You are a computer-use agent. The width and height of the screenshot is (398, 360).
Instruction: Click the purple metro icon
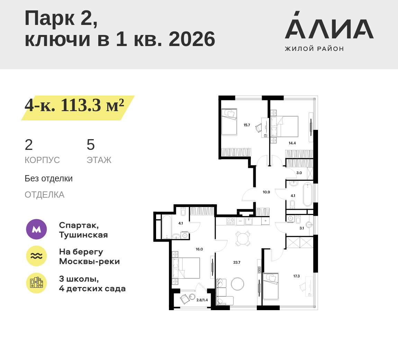click(x=36, y=229)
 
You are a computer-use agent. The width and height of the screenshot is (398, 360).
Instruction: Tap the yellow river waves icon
click(x=36, y=256)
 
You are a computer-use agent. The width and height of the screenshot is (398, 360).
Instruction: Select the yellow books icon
click(x=36, y=283)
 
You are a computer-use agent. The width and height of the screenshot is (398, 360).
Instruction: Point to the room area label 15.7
click(x=247, y=125)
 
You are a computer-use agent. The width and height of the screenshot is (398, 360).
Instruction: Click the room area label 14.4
click(x=292, y=143)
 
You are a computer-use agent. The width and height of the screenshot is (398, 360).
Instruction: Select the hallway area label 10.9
click(x=266, y=192)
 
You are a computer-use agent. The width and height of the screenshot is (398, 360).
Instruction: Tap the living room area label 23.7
click(x=237, y=262)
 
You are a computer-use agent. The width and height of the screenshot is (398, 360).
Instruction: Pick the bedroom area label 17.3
click(x=297, y=276)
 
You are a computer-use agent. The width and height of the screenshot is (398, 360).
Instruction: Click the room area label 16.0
click(x=199, y=249)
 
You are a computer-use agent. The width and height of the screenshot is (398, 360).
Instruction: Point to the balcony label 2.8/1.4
click(x=202, y=300)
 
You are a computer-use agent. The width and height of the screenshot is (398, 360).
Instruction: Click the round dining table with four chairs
click(x=243, y=238)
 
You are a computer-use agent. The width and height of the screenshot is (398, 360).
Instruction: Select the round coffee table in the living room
click(x=238, y=284)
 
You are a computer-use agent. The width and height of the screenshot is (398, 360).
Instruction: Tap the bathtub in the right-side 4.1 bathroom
click(x=307, y=195)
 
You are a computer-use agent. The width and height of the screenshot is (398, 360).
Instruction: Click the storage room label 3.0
click(x=299, y=173)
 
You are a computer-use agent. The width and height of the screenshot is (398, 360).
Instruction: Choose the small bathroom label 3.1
click(x=301, y=228)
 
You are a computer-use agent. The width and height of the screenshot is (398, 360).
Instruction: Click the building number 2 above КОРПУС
click(x=29, y=145)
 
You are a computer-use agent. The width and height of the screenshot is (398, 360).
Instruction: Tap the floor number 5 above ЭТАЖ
click(x=91, y=145)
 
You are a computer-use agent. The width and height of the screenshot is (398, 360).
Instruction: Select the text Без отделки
click(x=48, y=179)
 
